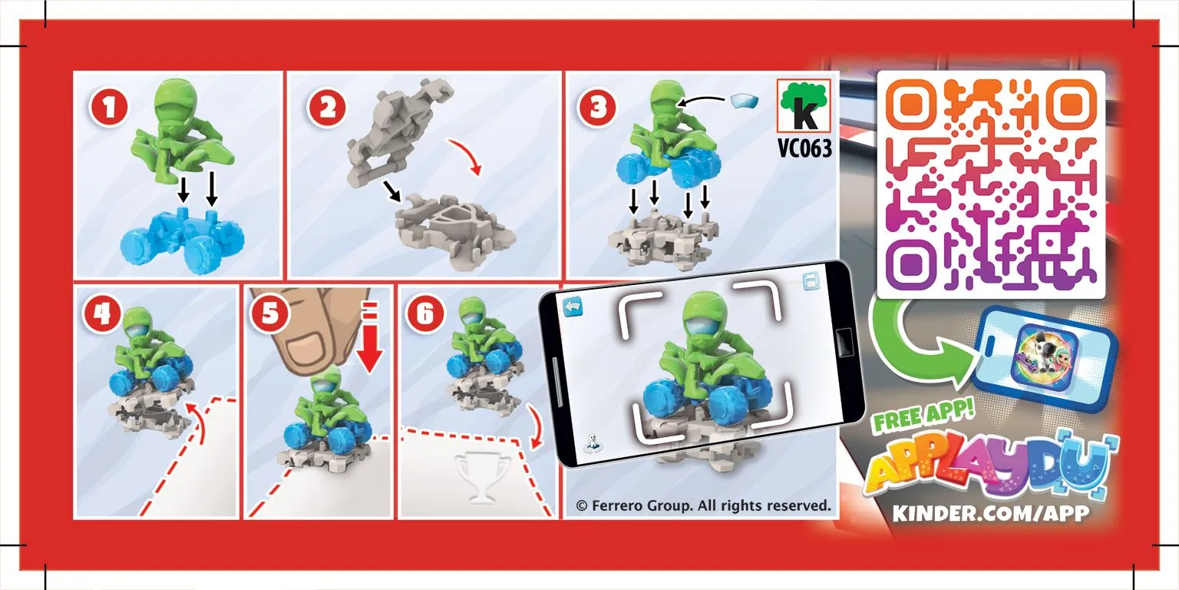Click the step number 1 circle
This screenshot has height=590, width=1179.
pos(109,108)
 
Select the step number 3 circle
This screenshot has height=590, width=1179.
pos(598,108)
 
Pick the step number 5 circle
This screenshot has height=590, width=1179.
pos(269,313)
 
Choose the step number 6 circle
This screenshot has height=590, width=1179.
pos(424,313)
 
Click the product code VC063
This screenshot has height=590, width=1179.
pos(804,148)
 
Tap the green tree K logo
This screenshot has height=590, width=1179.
pos(804,105)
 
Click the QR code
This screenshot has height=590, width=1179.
pos(991,184)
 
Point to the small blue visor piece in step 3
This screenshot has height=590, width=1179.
pos(745,101)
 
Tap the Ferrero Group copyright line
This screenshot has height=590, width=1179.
pos(703,505)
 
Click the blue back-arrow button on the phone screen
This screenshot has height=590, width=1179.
pos(573,307)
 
